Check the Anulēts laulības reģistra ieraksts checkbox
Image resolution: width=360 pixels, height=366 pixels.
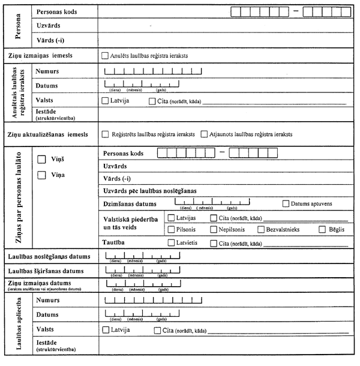coord(105,56)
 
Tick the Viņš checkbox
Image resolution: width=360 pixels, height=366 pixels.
coord(41,159)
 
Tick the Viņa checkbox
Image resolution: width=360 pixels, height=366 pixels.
coord(41,175)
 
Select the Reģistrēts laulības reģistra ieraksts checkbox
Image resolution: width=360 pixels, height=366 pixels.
coord(105,134)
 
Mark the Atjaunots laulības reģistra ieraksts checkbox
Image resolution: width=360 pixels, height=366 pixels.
coord(205,134)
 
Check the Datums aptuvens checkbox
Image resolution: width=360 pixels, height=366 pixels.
coord(286,204)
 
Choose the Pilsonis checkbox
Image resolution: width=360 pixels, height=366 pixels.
coord(172,229)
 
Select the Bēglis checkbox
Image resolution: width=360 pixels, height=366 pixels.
coord(322,229)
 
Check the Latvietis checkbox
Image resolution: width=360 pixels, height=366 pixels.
coord(172,243)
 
